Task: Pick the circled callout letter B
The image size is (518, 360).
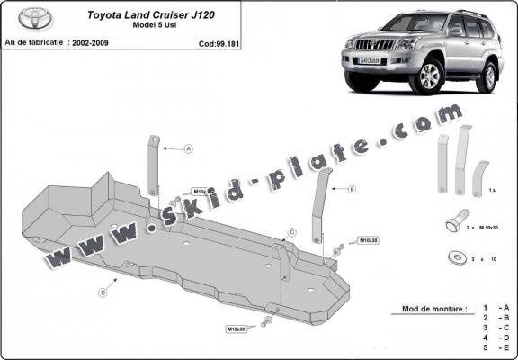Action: (x=353, y=189)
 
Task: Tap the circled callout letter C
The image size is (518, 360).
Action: (x=292, y=232)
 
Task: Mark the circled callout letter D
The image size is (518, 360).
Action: (x=103, y=292)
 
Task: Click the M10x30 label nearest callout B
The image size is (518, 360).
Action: (x=369, y=241)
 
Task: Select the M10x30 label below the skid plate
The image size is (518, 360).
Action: (x=235, y=329)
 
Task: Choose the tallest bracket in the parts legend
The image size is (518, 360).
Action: (x=462, y=159)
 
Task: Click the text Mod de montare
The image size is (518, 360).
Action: (x=429, y=309)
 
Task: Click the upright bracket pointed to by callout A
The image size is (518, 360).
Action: (x=155, y=162)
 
